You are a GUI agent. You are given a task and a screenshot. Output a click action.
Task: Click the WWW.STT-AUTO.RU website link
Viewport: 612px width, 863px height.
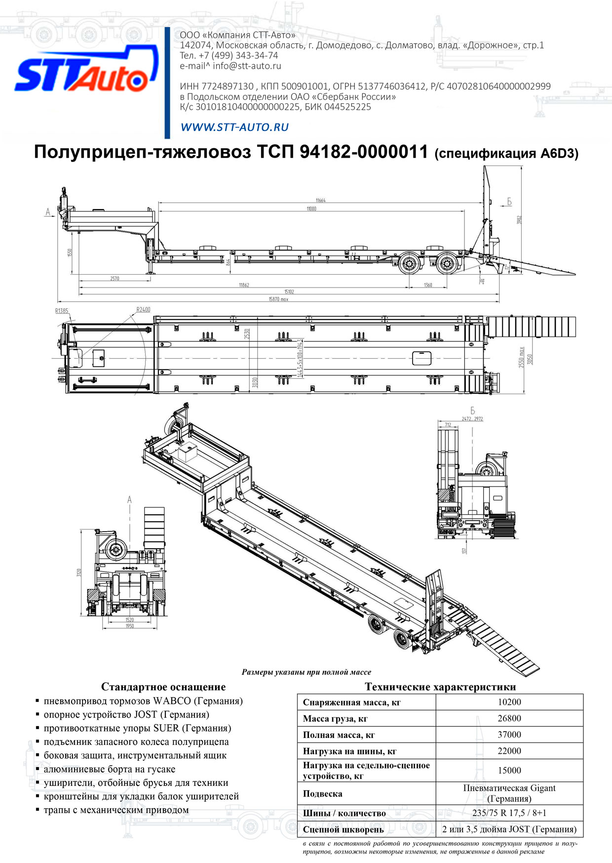(234, 127)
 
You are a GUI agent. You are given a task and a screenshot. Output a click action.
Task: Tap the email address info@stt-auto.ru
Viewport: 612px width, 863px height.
(247, 66)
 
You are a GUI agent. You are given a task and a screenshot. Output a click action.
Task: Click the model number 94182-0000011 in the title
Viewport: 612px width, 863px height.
(364, 152)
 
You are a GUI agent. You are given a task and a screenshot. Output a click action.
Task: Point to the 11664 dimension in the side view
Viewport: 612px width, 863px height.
(320, 200)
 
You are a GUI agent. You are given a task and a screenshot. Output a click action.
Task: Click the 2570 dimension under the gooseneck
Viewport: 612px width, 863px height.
(115, 279)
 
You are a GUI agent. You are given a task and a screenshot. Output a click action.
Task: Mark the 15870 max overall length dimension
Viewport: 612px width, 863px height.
(278, 299)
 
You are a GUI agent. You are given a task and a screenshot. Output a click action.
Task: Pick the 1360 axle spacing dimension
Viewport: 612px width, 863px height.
(428, 285)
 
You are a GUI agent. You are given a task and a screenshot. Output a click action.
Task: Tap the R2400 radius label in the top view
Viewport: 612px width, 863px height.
(143, 310)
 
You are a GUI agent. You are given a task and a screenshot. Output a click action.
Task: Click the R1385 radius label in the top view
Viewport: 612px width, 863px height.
(62, 311)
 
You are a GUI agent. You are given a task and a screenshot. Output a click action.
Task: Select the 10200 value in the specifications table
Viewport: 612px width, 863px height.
(509, 702)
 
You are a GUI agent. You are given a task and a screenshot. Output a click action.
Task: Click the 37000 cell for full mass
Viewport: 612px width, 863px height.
(509, 735)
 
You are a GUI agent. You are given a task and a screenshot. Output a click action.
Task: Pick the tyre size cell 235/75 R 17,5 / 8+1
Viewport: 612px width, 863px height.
(509, 813)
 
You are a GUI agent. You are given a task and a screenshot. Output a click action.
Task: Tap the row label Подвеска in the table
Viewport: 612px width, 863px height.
(322, 794)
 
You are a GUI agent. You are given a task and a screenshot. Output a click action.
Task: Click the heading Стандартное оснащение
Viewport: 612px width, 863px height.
(163, 687)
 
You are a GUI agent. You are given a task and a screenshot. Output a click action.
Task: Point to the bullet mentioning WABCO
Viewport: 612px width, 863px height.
(143, 701)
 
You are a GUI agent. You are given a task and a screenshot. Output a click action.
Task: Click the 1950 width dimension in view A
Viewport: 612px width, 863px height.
(129, 626)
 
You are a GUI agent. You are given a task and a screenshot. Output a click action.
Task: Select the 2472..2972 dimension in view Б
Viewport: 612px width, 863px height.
(472, 419)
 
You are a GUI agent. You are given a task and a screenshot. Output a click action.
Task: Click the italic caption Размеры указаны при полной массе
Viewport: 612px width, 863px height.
(306, 672)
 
